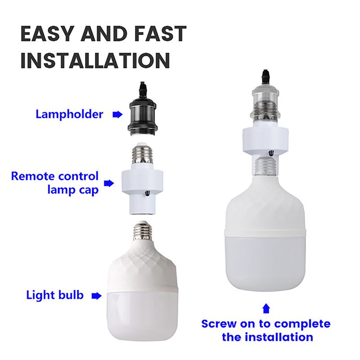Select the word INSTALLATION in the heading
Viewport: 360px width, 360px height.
(95, 60)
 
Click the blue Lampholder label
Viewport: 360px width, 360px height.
(69, 114)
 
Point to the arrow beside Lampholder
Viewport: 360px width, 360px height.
(117, 114)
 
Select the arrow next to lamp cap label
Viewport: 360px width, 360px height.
(109, 183)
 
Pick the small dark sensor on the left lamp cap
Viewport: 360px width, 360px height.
(148, 193)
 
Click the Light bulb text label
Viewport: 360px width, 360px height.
(55, 295)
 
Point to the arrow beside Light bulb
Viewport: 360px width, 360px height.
(96, 296)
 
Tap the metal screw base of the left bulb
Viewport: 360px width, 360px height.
(143, 231)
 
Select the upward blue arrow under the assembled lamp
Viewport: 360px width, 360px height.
(266, 308)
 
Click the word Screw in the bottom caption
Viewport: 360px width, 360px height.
(219, 324)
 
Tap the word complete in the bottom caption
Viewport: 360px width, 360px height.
(302, 324)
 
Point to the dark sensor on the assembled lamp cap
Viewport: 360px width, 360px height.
(271, 153)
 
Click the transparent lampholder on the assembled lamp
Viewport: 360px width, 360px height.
(265, 104)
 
